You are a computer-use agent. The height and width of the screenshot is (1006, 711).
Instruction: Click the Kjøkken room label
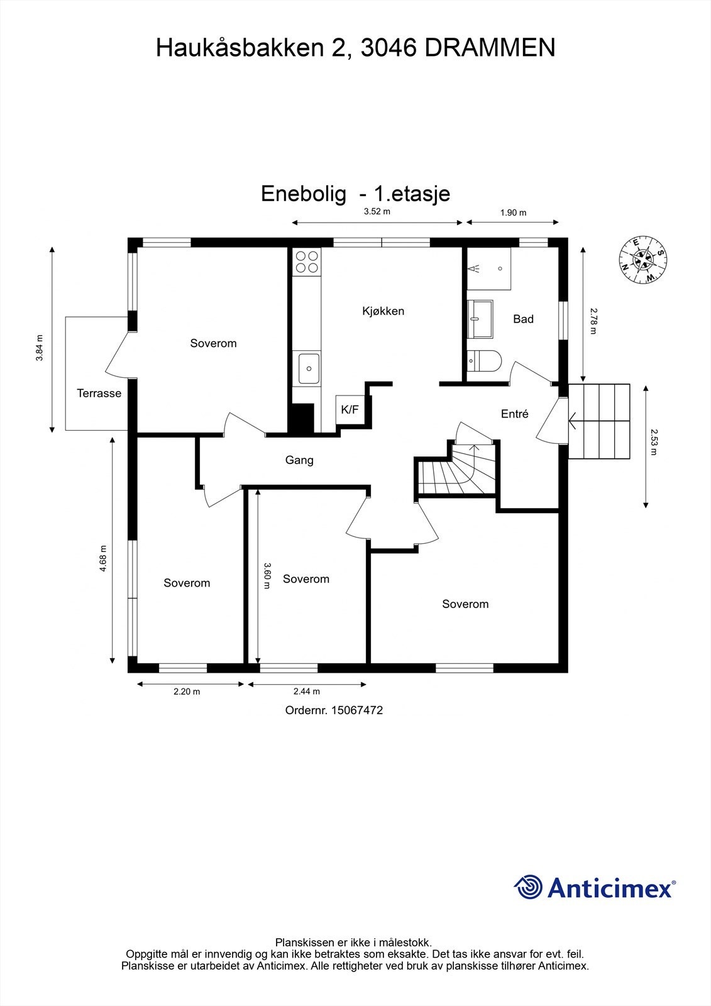click(383, 311)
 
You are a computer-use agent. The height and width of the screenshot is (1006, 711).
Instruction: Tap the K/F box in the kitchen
click(350, 409)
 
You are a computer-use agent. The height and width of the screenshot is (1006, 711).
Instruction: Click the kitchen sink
click(309, 368)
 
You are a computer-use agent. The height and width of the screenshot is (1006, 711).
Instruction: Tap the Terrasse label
click(99, 394)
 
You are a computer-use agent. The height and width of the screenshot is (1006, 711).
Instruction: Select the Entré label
click(514, 414)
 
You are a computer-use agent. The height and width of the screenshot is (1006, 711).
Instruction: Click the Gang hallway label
click(299, 460)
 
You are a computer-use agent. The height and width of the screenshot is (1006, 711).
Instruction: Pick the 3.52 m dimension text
click(377, 212)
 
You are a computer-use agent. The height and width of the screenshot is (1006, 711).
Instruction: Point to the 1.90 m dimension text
click(513, 213)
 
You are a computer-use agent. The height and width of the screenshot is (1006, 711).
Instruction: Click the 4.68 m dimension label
click(103, 559)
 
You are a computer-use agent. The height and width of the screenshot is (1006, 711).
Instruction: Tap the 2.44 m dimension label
click(307, 692)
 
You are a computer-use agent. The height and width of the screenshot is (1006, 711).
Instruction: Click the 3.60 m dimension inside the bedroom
click(267, 575)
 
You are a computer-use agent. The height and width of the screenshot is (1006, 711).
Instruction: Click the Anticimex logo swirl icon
click(527, 887)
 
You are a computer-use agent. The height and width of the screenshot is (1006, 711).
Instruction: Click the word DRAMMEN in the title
click(490, 48)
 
